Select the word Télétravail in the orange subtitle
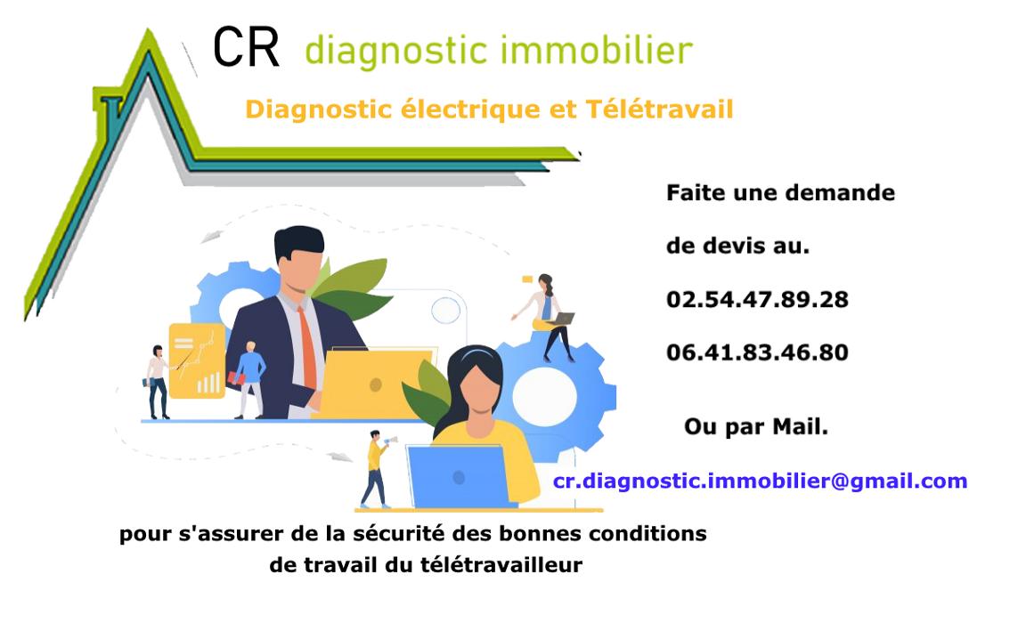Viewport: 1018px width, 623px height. [x=659, y=109]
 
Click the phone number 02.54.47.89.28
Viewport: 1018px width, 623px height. [x=757, y=299]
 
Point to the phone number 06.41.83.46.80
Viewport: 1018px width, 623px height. [x=757, y=352]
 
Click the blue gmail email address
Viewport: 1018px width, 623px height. [x=761, y=481]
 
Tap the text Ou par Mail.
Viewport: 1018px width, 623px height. [x=756, y=427]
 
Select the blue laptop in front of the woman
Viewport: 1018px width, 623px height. [x=459, y=476]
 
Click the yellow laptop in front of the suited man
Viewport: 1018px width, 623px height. [x=375, y=384]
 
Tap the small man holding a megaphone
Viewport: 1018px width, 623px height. [x=378, y=468]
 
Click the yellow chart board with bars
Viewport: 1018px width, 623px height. [x=197, y=360]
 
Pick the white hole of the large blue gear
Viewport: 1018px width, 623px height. [x=545, y=397]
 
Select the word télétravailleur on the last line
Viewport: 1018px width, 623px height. [x=501, y=564]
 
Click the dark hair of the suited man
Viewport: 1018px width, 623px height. [x=298, y=241]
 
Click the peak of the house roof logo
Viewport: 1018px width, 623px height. [x=149, y=30]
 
